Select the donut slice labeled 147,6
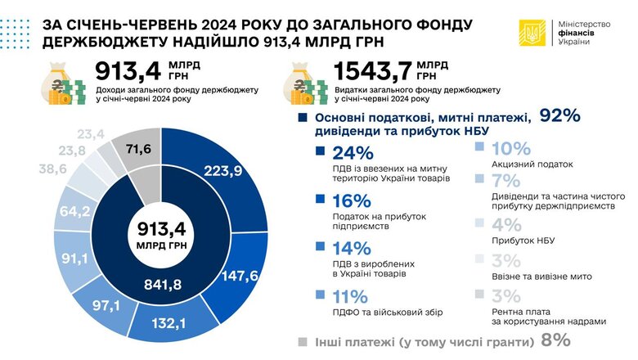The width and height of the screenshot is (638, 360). [x=240, y=276]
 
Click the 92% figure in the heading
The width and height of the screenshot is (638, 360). [x=559, y=117]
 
